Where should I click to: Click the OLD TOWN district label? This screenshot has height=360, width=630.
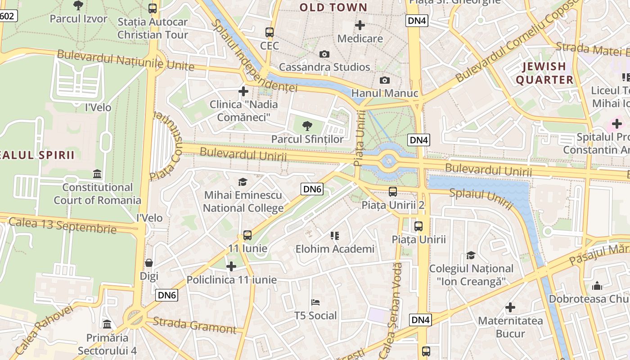tap(333, 7)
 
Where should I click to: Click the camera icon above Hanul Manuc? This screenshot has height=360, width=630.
tap(384, 81)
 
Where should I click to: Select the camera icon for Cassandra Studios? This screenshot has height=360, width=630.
tap(324, 54)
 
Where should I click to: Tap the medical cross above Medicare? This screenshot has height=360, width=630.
tap(360, 25)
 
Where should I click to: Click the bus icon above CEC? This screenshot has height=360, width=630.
tap(270, 32)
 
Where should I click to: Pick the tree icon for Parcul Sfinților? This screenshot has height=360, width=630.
tap(307, 126)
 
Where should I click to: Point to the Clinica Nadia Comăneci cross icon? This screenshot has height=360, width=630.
tap(243, 92)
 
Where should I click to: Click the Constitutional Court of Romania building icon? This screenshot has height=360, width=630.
tap(97, 174)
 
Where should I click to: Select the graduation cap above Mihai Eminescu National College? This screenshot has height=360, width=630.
tap(243, 182)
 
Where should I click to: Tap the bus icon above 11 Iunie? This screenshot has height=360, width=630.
tap(247, 235)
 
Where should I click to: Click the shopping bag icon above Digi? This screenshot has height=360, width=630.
tap(149, 263)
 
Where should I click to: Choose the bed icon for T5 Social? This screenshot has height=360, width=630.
tap(315, 302)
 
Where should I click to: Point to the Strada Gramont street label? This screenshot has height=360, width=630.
tap(194, 325)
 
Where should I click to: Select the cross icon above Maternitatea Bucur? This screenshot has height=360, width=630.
tap(510, 308)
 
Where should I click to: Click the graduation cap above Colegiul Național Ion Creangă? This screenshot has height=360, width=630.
tap(471, 255)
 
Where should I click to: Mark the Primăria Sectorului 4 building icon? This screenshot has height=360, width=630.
tap(107, 324)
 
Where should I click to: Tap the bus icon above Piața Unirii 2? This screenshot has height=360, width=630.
tap(393, 192)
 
